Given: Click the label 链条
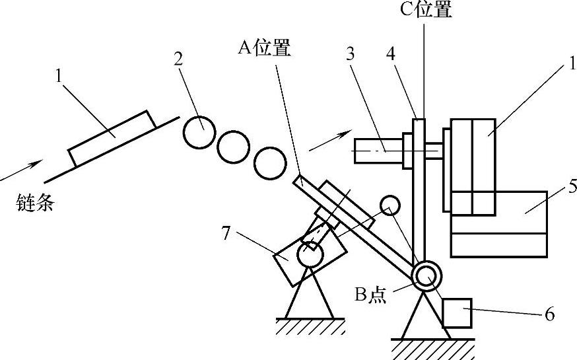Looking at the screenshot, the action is [x=34, y=203].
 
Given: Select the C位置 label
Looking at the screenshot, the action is [x=425, y=10].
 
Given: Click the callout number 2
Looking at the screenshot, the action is [x=178, y=59].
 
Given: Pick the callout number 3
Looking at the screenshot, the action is [x=350, y=54].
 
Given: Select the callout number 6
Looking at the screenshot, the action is [x=549, y=314].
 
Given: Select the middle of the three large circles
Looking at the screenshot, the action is [x=234, y=147].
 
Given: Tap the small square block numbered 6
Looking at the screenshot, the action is [x=456, y=312].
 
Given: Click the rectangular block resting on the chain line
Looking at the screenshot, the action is [x=113, y=137].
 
